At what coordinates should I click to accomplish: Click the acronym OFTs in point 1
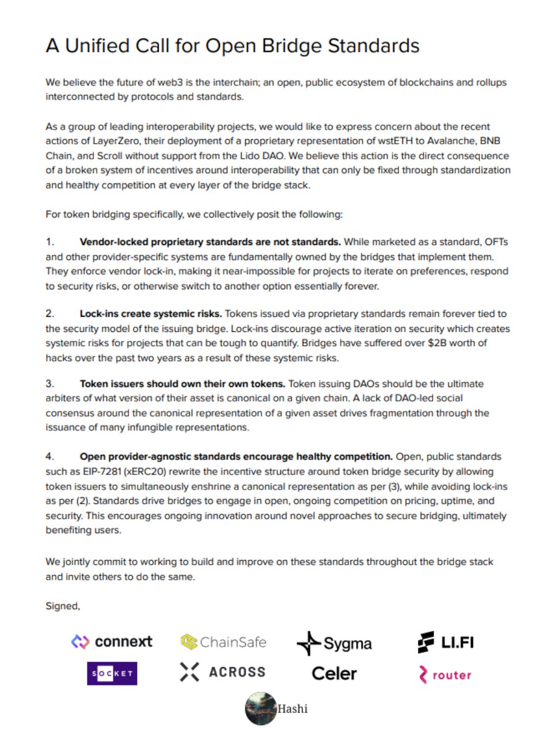[x=496, y=242]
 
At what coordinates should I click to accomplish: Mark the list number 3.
[x=50, y=384]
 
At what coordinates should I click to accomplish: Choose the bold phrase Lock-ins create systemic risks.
[x=150, y=313]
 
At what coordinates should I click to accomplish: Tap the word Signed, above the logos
[x=63, y=606]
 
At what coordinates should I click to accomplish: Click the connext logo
[x=112, y=642]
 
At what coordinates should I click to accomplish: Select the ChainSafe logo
[x=223, y=642]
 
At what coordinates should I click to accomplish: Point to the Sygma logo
[x=334, y=643]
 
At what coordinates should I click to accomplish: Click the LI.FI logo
[x=446, y=642]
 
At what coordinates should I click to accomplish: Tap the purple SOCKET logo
[x=112, y=673]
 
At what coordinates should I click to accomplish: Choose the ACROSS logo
[x=223, y=672]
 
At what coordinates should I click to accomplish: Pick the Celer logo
[x=334, y=673]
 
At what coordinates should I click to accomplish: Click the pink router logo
[x=445, y=675]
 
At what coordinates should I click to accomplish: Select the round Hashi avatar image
[x=261, y=709]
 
